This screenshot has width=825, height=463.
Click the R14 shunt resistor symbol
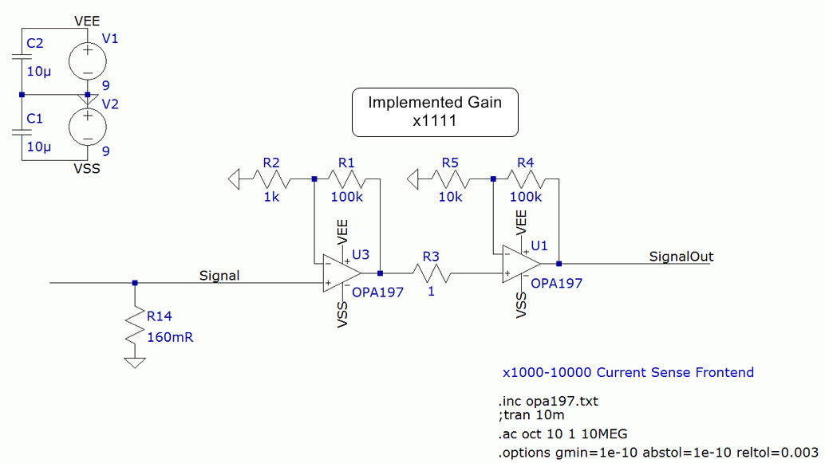[135, 327]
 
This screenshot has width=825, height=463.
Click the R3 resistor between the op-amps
[432, 273]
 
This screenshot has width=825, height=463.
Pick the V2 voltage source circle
[87, 127]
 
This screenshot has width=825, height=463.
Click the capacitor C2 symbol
[22, 57]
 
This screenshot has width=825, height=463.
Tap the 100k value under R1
[347, 196]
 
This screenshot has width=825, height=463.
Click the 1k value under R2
[271, 196]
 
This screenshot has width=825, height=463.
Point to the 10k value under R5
[450, 196]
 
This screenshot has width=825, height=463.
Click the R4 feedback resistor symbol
[526, 179]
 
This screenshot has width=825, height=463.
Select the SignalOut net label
[681, 257]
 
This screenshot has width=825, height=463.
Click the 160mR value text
[170, 336]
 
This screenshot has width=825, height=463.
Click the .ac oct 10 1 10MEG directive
[563, 434]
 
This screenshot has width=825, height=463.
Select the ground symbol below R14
[135, 362]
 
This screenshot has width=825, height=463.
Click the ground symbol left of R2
[235, 179]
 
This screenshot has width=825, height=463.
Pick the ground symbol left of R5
[413, 179]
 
